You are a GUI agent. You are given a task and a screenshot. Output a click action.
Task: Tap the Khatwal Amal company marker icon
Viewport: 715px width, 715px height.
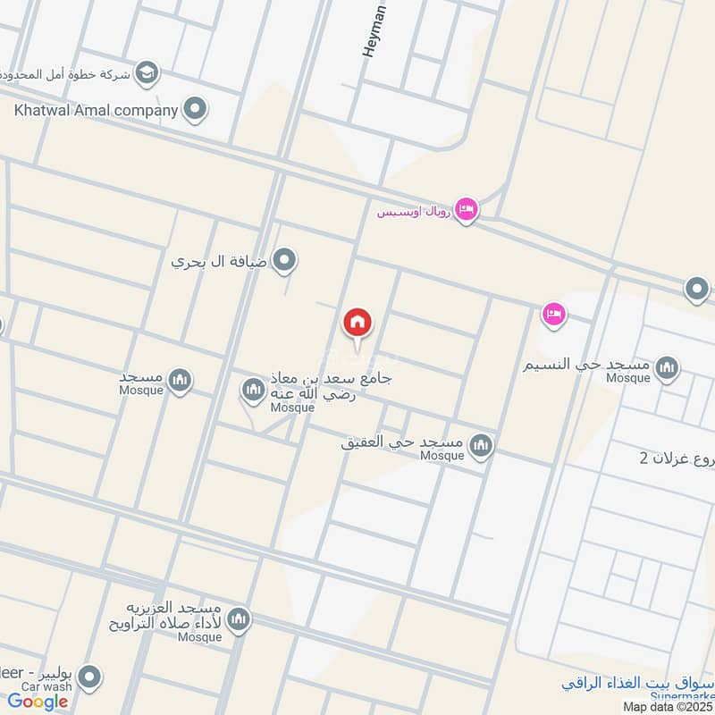click(194, 111)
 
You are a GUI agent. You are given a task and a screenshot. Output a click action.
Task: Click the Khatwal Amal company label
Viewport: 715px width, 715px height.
click(96, 112)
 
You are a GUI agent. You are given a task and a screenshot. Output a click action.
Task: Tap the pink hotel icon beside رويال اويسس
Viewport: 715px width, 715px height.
click(466, 209)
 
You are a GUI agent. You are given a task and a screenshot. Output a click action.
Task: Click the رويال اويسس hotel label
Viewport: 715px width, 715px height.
click(414, 213)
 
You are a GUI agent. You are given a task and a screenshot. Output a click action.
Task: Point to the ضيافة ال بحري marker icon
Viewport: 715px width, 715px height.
click(284, 261)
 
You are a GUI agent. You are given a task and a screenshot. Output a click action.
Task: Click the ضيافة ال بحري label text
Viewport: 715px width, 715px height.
click(220, 263)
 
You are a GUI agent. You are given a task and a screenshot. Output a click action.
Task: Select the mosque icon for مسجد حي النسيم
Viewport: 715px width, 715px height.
click(666, 366)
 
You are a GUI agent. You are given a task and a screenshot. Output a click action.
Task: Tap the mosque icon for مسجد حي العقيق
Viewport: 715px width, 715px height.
click(481, 444)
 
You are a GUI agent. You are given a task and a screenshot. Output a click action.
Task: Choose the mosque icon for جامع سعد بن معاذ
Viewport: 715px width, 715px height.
click(253, 390)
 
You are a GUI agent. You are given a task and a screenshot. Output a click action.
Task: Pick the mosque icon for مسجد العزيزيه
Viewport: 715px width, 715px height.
click(238, 618)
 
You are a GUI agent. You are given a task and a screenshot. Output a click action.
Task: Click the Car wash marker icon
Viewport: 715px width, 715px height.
click(88, 678)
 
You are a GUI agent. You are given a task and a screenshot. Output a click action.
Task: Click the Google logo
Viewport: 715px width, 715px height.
click(38, 702)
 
